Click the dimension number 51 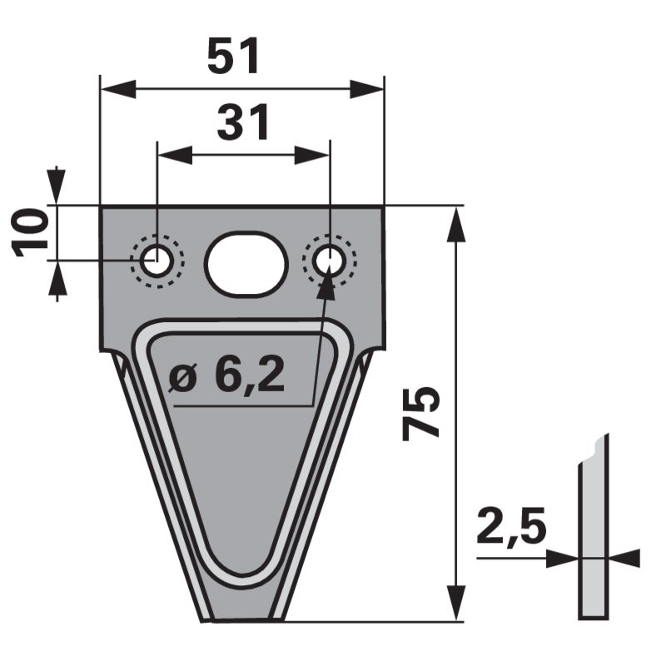(x=233, y=56)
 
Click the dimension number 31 (x=242, y=122)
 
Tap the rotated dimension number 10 (x=29, y=233)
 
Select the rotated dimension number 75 (x=420, y=412)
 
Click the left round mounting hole (x=157, y=261)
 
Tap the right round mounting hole (x=329, y=261)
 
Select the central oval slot (x=246, y=262)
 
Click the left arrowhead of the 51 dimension (x=117, y=89)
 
